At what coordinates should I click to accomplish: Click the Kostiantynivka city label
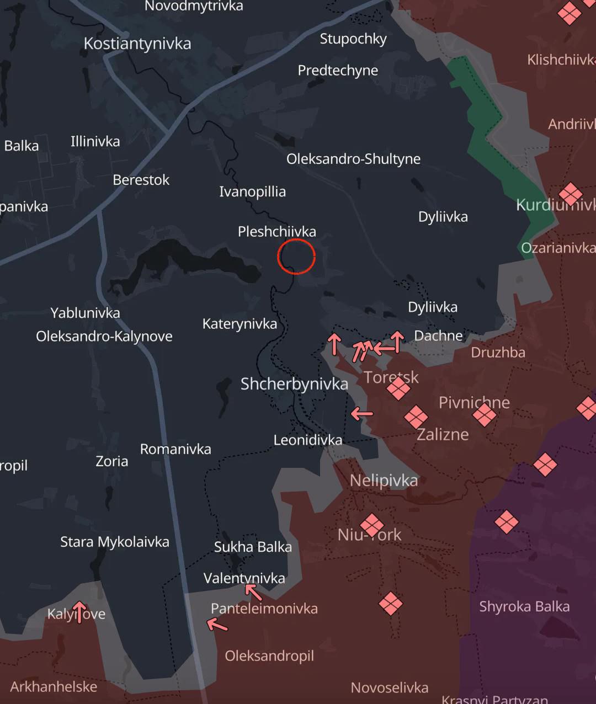[137, 44]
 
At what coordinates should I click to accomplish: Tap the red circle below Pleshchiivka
[296, 257]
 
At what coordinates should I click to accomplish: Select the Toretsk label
[391, 377]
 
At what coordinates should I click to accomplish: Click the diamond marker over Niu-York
[372, 525]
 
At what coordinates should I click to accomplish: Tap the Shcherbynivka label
[294, 384]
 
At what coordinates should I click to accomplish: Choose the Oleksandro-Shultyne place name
[353, 159]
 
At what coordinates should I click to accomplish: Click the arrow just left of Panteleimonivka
[217, 625]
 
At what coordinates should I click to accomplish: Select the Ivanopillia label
[252, 191]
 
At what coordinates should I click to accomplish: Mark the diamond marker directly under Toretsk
[398, 389]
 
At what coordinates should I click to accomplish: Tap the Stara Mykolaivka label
[115, 542]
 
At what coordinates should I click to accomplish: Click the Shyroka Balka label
[524, 606]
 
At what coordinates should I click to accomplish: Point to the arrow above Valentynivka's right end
[253, 592]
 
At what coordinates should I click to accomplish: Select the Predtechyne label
[338, 70]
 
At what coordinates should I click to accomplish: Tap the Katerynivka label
[240, 323]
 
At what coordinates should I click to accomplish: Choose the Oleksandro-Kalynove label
[104, 336]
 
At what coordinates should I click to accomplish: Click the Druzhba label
[498, 352]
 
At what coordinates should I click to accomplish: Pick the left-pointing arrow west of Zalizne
[362, 413]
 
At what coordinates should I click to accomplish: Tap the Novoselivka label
[389, 687]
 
